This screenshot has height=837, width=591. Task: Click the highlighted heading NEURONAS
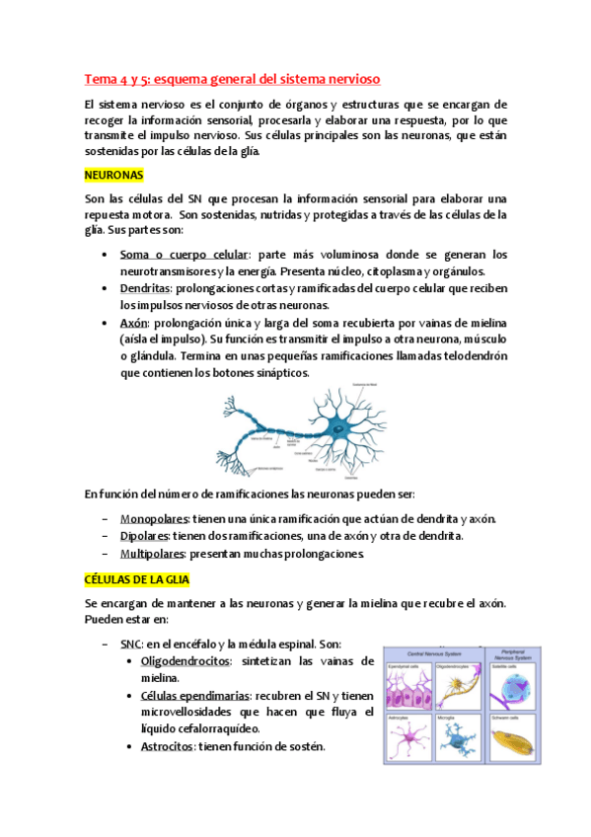tap(114, 175)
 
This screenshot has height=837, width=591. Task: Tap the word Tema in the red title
tap(100, 77)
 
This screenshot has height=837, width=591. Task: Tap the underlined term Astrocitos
tap(166, 747)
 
